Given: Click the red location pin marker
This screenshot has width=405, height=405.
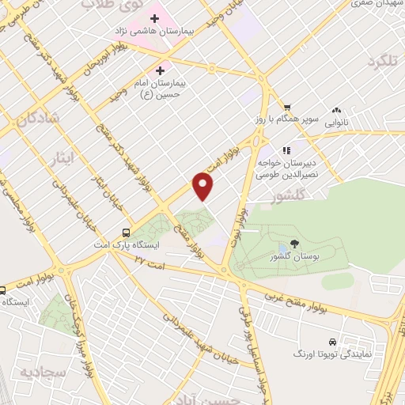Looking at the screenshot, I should tap(204, 187).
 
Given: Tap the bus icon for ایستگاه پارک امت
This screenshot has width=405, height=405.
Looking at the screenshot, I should tap(126, 233).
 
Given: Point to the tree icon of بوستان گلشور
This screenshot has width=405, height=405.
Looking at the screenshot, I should tap(294, 244).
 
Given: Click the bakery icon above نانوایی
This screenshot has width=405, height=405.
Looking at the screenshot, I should tap(338, 111).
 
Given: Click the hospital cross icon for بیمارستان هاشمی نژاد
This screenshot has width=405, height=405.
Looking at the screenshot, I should tap(154, 18).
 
